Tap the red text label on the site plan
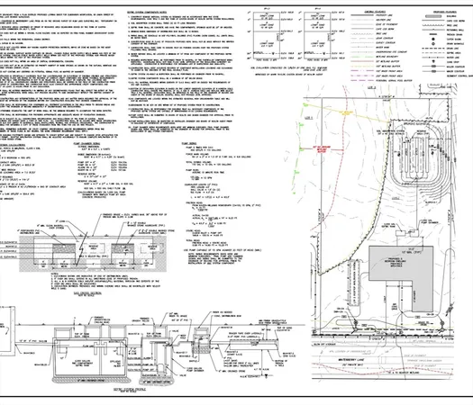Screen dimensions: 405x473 343,151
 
